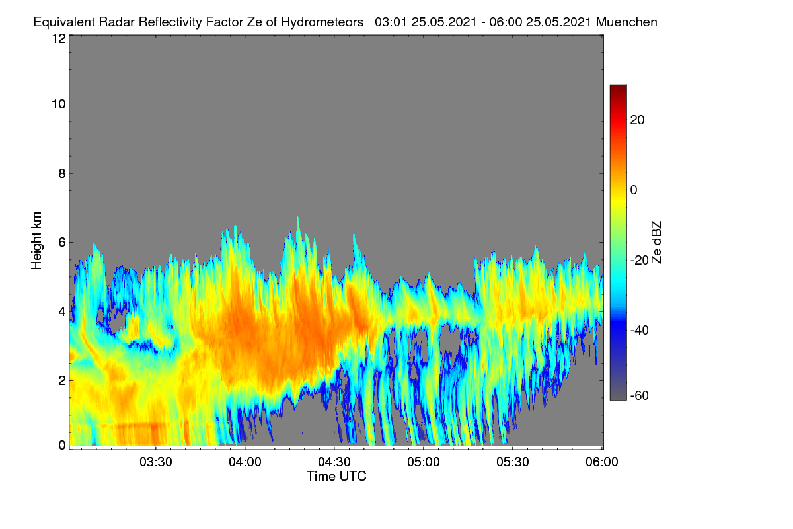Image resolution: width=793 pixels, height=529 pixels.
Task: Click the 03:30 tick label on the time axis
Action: point(156,462)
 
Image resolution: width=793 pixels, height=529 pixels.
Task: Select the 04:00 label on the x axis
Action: point(245,462)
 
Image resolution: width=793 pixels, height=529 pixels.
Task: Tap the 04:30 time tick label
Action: point(334,462)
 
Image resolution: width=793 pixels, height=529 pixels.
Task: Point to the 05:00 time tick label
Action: point(424,462)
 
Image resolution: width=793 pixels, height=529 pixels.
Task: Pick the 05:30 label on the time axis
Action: point(513,462)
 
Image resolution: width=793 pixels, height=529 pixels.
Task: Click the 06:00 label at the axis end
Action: point(602,462)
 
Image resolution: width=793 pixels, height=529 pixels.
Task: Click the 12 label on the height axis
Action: point(59,38)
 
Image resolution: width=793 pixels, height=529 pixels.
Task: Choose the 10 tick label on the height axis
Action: point(59,104)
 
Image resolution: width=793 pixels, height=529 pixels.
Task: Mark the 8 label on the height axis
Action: point(62,173)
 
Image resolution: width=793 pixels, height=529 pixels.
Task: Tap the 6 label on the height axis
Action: point(62,243)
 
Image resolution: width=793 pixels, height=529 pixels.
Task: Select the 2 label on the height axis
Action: point(62,380)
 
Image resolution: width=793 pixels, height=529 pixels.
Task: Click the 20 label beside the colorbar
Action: point(637,120)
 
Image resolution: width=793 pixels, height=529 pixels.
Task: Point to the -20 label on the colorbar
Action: point(640,261)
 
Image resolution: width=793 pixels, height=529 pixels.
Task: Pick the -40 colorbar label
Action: point(640,330)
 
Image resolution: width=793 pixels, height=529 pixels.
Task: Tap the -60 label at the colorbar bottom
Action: point(640,396)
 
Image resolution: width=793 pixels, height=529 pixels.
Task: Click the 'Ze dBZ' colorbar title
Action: point(656,243)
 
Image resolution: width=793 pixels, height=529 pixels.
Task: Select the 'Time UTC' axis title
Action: point(336,476)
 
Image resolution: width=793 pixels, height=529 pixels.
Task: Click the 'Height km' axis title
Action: point(36,241)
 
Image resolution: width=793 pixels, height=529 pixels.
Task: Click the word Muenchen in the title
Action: point(626,22)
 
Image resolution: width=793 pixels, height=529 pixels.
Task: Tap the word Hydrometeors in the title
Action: point(322,22)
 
